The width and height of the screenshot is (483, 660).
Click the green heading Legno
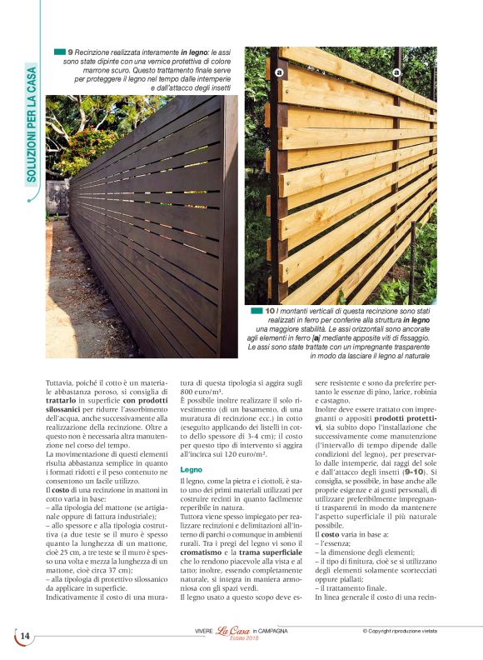pos(192,470)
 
